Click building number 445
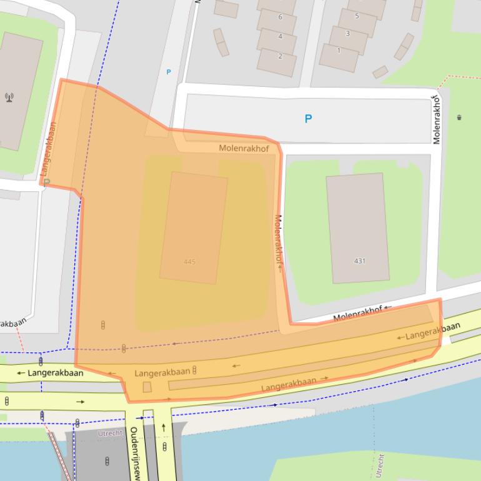click(x=190, y=262)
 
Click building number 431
click(x=360, y=261)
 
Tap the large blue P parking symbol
click(x=308, y=119)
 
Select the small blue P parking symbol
click(x=168, y=72)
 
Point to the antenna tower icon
click(x=9, y=97)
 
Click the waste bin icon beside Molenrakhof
click(x=459, y=117)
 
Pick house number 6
click(x=280, y=17)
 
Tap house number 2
click(x=280, y=56)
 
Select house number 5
click(x=357, y=16)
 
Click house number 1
click(x=339, y=51)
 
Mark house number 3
click(x=348, y=33)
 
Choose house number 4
click(x=280, y=36)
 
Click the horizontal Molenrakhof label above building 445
click(x=244, y=149)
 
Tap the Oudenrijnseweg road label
click(x=134, y=453)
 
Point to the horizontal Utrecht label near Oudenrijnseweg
click(x=110, y=433)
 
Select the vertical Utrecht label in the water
click(x=379, y=465)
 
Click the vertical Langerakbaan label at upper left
click(x=48, y=149)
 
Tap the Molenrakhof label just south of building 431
click(x=357, y=314)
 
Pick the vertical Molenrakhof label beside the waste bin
click(x=437, y=119)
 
